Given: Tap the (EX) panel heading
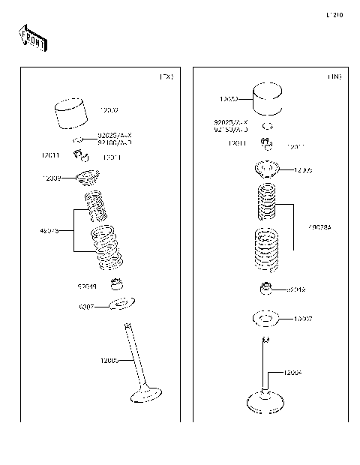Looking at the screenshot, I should [166, 77].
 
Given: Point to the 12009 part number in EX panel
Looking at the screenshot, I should [52, 178].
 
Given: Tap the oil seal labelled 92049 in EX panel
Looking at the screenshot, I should [116, 284].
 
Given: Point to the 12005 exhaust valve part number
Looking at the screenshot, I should [109, 361].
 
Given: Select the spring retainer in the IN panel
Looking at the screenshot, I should [268, 169].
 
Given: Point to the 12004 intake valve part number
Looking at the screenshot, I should [293, 373].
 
